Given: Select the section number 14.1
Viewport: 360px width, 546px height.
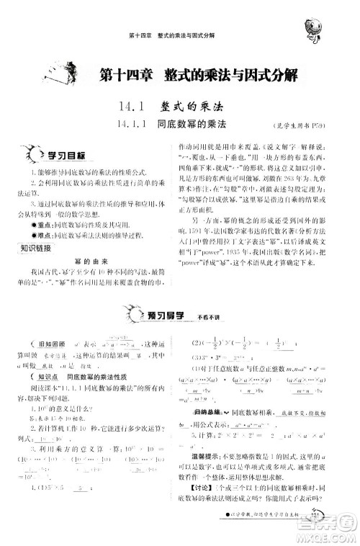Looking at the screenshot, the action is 134,106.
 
